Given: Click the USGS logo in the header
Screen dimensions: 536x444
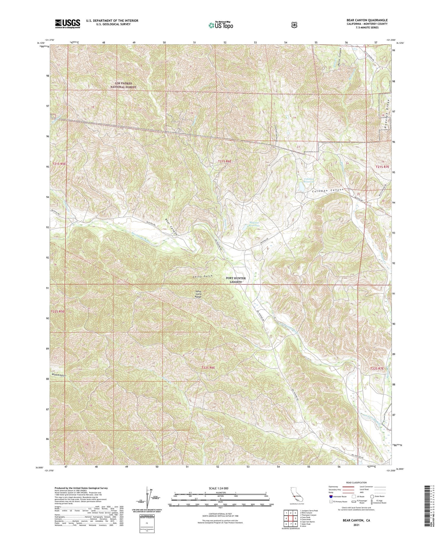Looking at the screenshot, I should [x=67, y=24].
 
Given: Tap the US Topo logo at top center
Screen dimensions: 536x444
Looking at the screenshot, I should [x=221, y=25].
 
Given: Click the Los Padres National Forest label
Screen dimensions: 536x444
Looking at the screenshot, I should [x=123, y=85].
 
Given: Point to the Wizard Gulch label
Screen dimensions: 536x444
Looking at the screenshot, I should [x=58, y=375].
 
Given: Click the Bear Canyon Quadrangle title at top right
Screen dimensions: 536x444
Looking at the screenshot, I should [x=367, y=20].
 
